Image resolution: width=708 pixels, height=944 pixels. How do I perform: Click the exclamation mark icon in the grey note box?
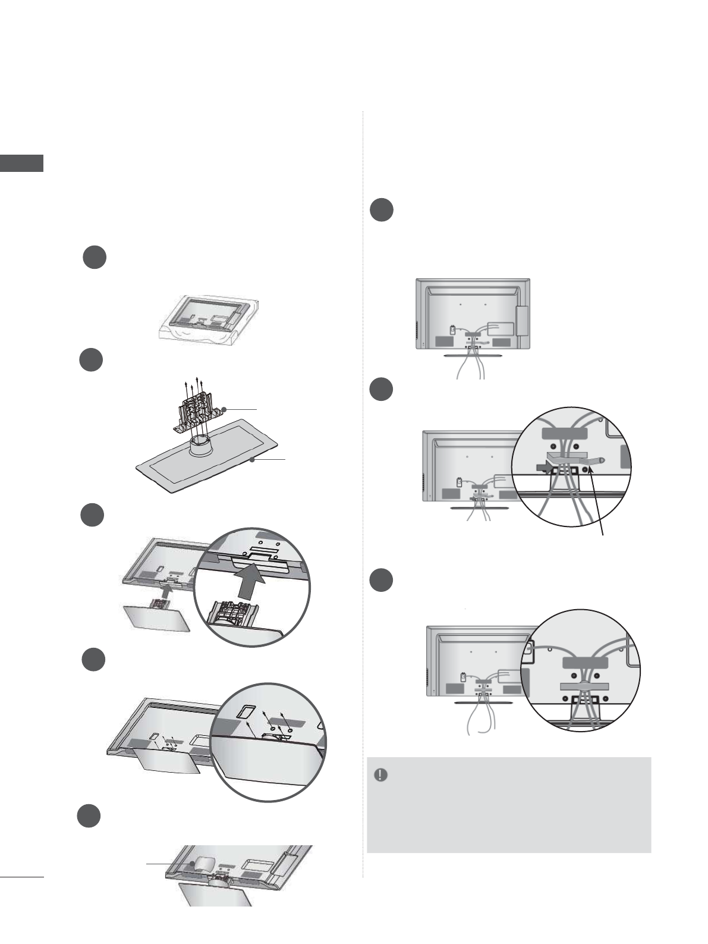380,775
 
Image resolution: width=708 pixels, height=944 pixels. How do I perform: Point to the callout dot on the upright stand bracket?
224,409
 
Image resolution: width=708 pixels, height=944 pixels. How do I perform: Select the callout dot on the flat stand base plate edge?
253,460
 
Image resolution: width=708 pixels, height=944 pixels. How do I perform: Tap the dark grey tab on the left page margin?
21,163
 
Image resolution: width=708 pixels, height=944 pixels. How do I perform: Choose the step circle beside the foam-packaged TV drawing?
94,258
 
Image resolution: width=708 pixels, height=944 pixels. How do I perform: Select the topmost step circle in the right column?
381,211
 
